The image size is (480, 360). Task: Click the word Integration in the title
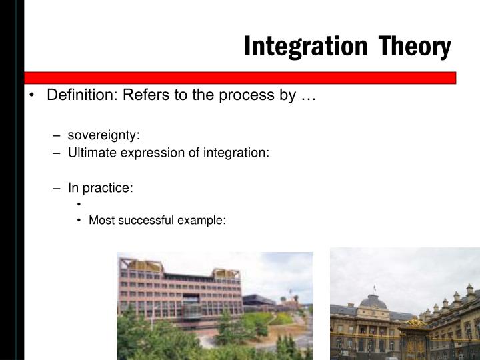click(x=305, y=46)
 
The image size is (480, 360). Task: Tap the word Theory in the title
click(x=414, y=46)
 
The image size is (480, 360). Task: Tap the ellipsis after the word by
click(x=307, y=96)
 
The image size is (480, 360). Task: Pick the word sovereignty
click(x=103, y=135)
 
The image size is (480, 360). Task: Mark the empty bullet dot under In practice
click(x=79, y=205)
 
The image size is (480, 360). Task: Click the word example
click(x=205, y=220)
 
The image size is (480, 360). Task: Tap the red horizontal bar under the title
click(x=240, y=77)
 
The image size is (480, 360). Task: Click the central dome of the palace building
click(x=374, y=301)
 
